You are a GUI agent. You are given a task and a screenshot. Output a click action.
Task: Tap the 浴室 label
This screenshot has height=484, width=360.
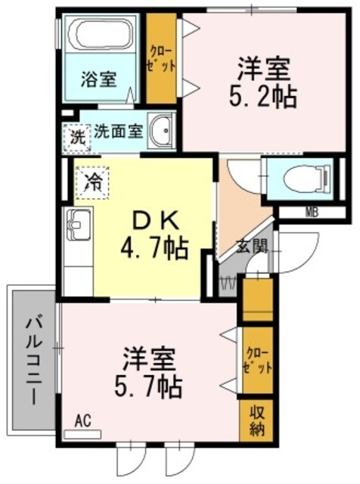(x=99, y=79)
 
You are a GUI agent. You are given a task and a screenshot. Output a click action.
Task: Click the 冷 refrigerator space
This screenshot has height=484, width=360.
(x=93, y=180)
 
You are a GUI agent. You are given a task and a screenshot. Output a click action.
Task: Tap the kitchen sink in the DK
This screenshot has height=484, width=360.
(x=76, y=224)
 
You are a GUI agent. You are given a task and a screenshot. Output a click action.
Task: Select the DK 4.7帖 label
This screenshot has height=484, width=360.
(x=157, y=232)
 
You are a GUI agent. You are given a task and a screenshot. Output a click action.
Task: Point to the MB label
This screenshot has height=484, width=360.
(x=311, y=211)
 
